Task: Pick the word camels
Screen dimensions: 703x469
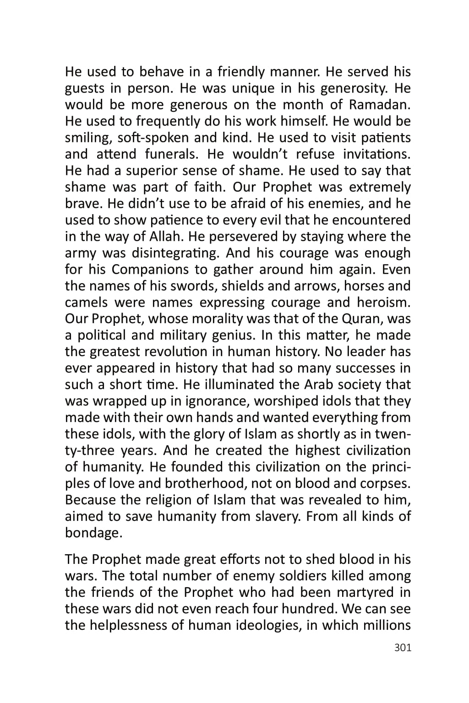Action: click(x=87, y=303)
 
